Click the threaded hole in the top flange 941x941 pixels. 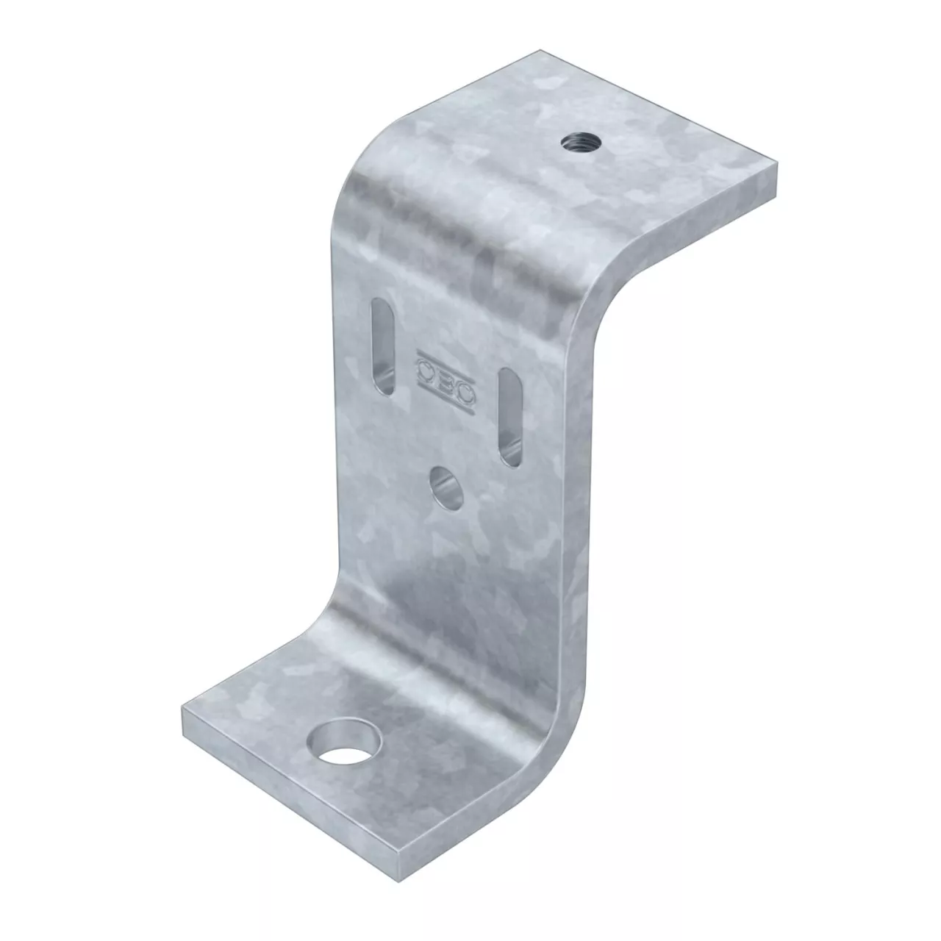click(x=580, y=143)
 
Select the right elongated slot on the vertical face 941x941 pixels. click(x=510, y=417)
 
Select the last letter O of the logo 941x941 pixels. click(x=465, y=394)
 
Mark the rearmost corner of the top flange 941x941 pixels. click(x=540, y=50)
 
